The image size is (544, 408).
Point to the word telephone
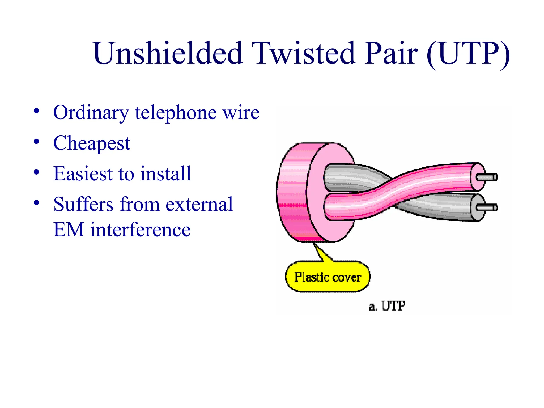coord(176,113)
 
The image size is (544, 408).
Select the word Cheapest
coord(92,143)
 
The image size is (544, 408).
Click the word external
coord(199,204)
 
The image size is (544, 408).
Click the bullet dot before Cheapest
coord(37,141)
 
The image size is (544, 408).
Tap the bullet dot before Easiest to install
coord(37,172)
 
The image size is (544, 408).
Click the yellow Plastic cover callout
coord(327,277)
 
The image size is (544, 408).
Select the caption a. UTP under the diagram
coord(387,306)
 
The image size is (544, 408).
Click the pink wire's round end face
coord(477,177)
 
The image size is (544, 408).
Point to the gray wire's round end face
coord(477,208)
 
